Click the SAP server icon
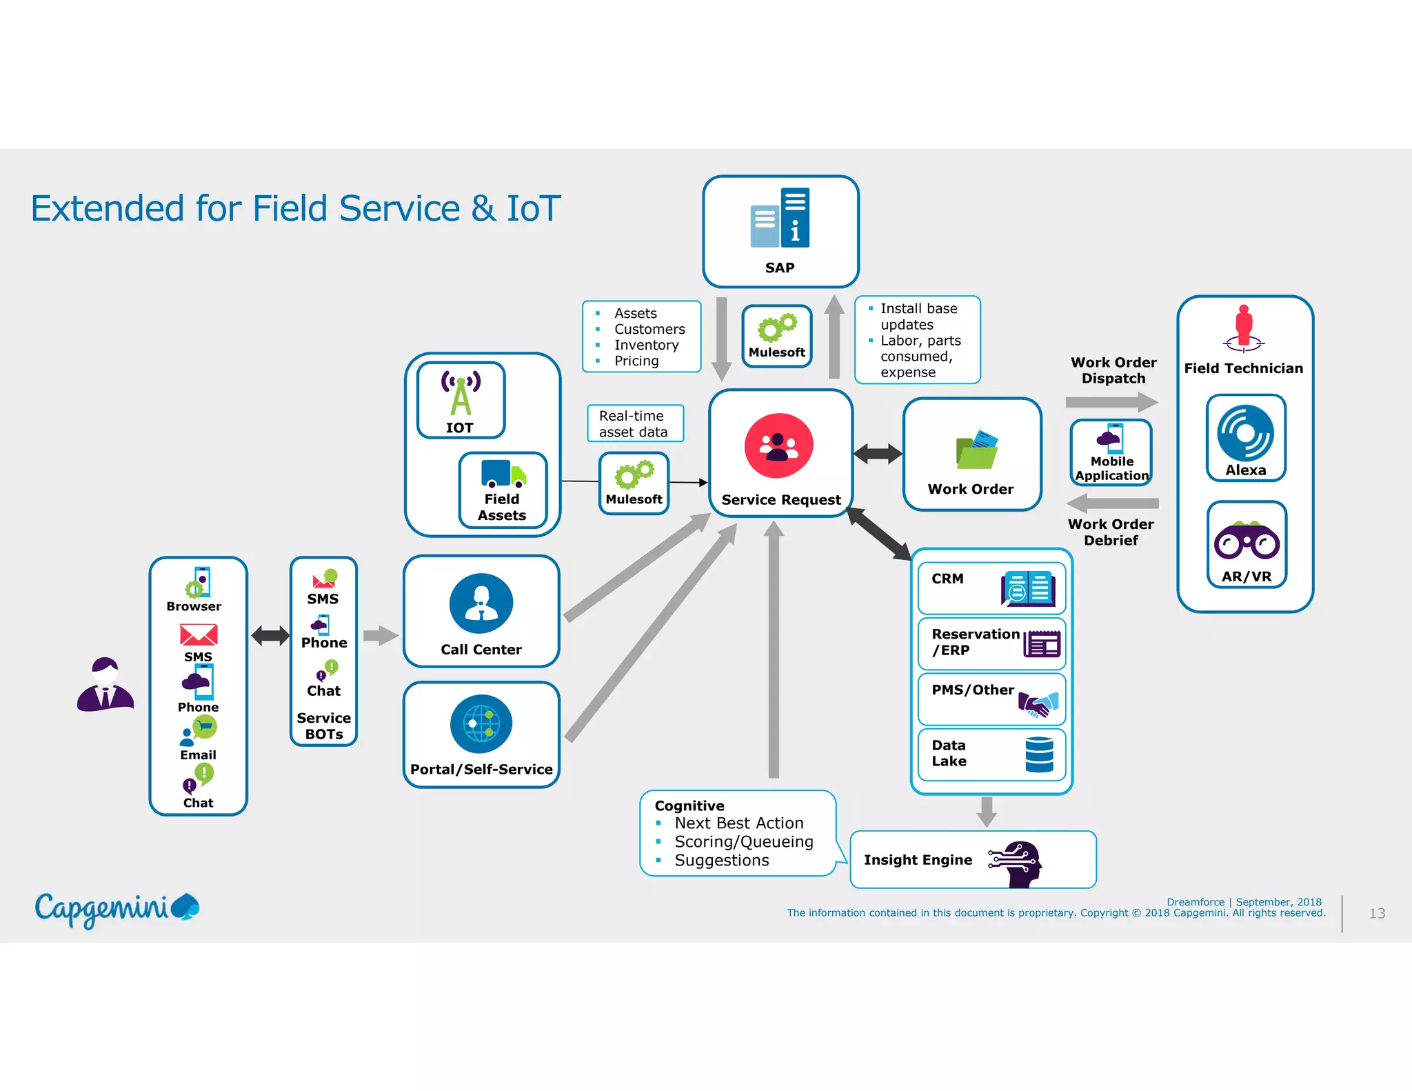780,217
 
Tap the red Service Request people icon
778,446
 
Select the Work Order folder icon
976,450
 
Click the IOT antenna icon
461,393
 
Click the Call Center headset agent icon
481,603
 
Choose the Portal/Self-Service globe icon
481,723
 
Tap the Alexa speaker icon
1245,433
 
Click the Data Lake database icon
1039,754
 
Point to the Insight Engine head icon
1016,862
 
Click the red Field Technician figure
1244,326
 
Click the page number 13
1376,913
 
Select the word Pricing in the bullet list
636,361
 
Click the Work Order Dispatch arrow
1111,402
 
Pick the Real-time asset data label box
635,423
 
